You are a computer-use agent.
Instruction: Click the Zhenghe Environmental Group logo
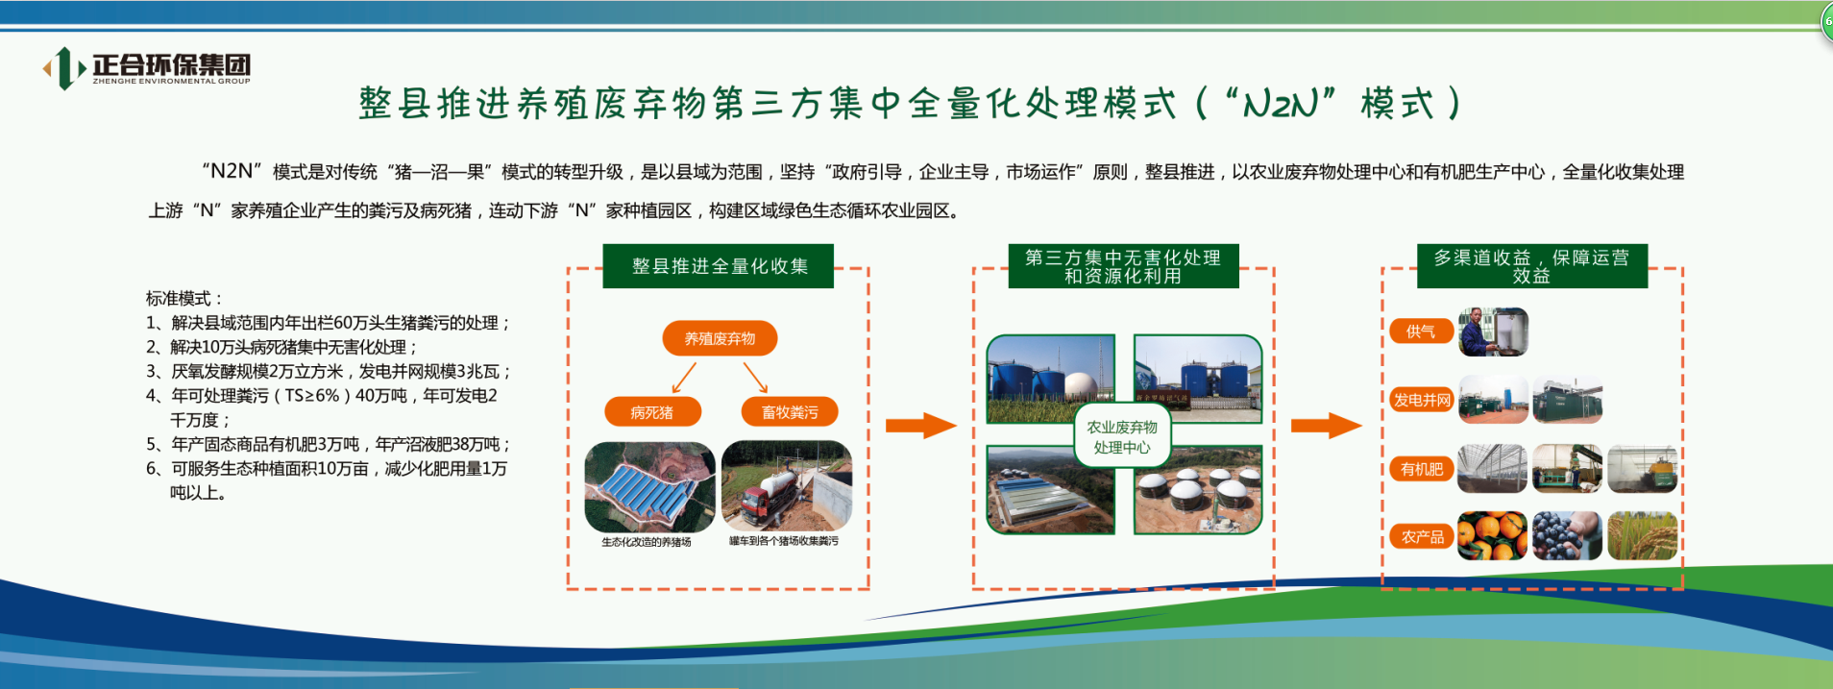[147, 67]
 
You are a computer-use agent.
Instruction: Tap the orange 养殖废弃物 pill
[720, 338]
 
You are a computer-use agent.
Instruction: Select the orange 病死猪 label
[652, 412]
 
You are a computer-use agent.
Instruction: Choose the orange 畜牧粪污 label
[790, 412]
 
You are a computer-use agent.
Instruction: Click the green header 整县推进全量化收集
[719, 266]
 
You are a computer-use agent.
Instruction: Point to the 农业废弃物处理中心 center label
[1122, 437]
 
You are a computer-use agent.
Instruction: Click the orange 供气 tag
[1421, 332]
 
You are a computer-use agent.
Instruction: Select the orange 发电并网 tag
[1422, 400]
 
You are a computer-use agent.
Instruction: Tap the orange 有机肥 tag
[1421, 469]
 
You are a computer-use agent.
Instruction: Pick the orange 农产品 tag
[1422, 536]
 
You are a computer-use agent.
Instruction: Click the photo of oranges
[1492, 535]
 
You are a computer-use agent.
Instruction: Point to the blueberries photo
[1567, 535]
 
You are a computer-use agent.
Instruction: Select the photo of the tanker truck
[787, 486]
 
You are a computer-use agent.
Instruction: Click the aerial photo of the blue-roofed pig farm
[650, 487]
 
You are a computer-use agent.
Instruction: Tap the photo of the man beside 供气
[1493, 332]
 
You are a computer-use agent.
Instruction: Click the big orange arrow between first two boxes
[920, 425]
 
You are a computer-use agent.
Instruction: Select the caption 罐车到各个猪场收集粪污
[784, 541]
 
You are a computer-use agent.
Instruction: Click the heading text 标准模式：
[184, 299]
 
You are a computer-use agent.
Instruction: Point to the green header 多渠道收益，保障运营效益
[1532, 266]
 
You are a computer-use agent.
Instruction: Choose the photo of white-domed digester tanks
[1198, 490]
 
